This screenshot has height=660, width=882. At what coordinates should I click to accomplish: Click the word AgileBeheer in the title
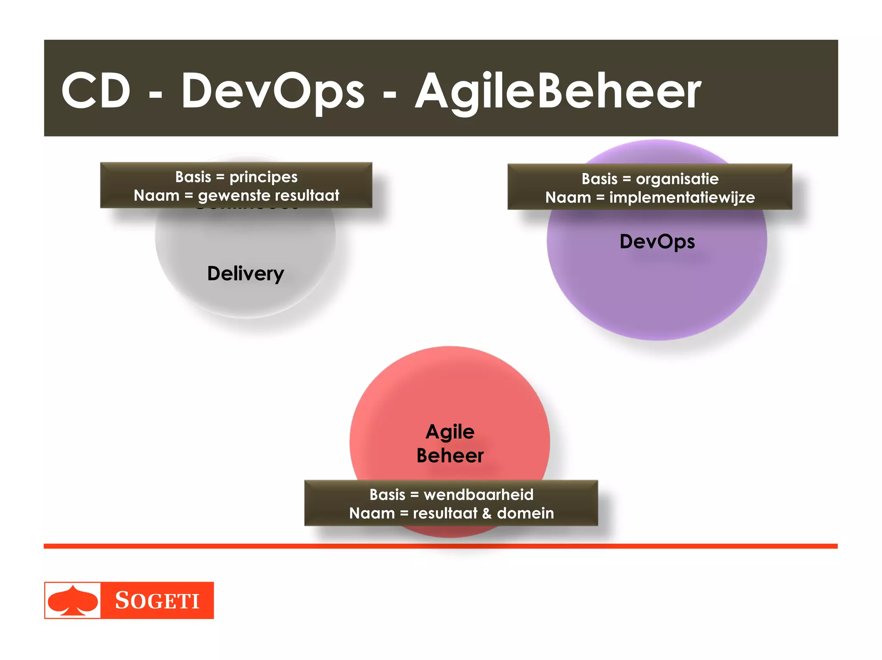[558, 91]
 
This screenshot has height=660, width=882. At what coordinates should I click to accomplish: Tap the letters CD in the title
[96, 91]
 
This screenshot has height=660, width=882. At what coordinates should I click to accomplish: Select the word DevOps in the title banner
[273, 91]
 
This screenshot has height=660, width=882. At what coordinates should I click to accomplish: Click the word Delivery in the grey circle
[245, 273]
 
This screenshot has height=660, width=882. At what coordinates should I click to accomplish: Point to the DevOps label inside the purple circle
[657, 242]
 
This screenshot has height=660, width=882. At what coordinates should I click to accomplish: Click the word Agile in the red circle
[450, 432]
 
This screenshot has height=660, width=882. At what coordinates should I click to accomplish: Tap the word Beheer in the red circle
[450, 455]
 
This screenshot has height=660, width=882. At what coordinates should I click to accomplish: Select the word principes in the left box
[263, 177]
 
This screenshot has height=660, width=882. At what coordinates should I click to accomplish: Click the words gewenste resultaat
[268, 195]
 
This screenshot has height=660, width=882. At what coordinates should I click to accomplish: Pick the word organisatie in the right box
[677, 179]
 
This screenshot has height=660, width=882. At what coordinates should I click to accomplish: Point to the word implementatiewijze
[682, 198]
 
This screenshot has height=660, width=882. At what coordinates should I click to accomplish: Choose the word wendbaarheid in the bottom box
[478, 494]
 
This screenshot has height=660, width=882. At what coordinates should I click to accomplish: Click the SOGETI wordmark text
[157, 601]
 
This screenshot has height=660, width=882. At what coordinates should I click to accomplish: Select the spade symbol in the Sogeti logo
[72, 601]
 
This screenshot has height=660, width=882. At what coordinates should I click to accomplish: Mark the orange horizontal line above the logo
[441, 546]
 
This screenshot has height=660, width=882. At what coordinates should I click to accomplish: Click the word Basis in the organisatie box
[599, 179]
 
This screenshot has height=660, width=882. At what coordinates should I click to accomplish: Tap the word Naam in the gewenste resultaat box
[156, 195]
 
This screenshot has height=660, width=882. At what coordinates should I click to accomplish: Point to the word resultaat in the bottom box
[445, 513]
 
